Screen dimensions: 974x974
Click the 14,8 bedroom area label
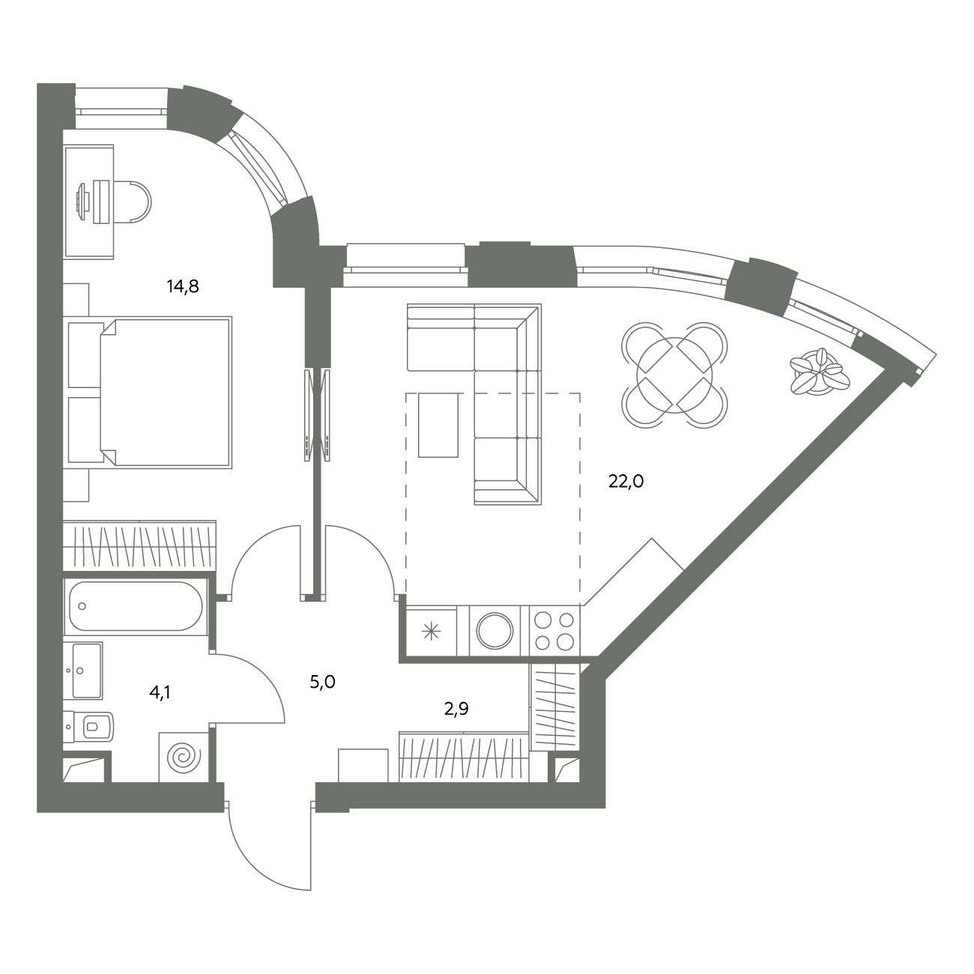183,287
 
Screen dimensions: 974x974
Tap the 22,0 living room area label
626,482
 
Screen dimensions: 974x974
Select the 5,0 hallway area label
322,683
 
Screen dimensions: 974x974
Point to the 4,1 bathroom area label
160,692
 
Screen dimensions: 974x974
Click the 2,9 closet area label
456,709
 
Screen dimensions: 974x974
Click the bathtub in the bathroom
136,606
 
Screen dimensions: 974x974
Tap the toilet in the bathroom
89,727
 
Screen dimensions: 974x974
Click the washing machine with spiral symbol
184,757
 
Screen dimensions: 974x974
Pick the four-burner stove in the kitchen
554,631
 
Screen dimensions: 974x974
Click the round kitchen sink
494,631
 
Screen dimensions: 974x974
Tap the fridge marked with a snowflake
431,631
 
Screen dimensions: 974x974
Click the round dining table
674,375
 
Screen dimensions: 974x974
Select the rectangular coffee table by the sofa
438,425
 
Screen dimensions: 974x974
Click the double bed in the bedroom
166,392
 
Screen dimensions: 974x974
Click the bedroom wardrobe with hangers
139,546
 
